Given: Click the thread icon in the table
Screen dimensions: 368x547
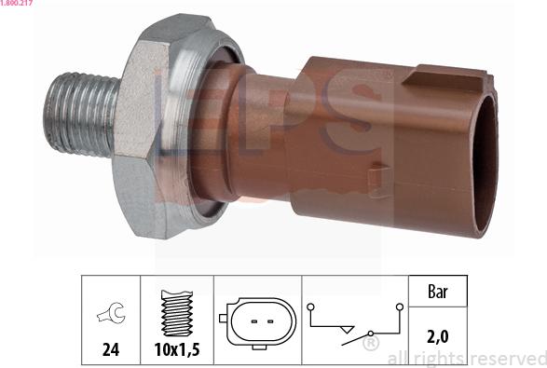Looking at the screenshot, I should pos(176,314).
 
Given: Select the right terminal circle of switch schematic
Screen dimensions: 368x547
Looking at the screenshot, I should pos(399,307).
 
